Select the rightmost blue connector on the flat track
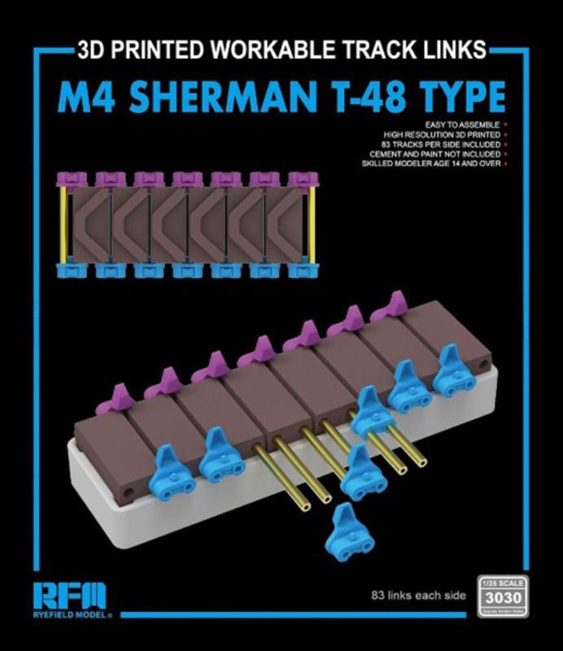300,269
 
